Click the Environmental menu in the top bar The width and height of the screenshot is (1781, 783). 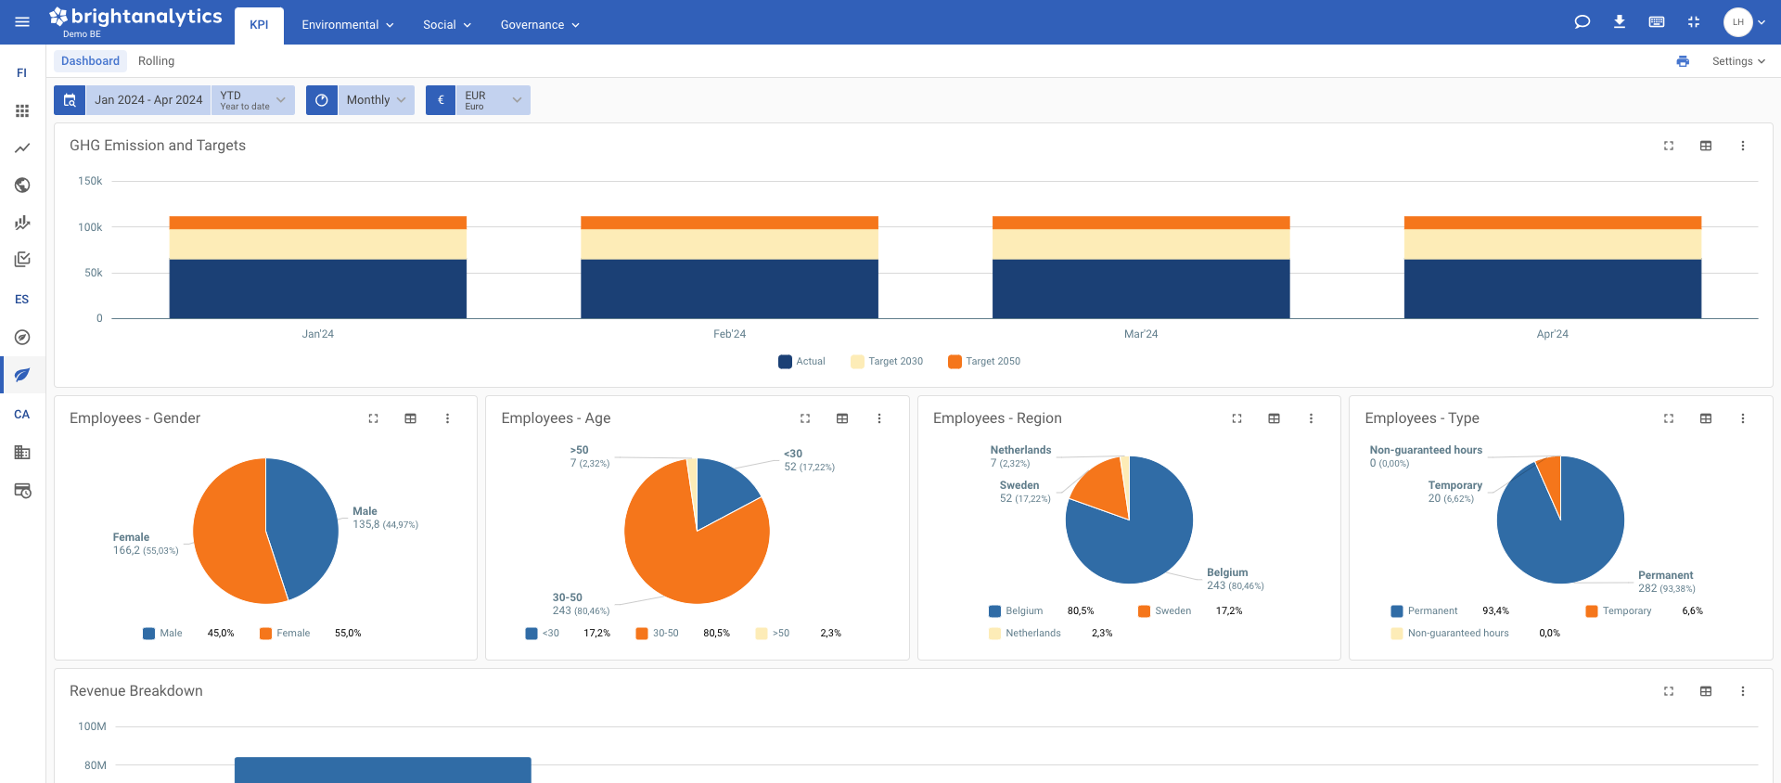click(x=347, y=25)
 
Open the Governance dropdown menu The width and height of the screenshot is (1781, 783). click(x=539, y=25)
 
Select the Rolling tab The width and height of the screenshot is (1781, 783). click(x=156, y=61)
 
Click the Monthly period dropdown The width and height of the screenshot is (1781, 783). click(x=376, y=100)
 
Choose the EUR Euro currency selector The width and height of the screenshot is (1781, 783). click(x=492, y=100)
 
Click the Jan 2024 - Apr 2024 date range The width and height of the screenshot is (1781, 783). click(x=148, y=100)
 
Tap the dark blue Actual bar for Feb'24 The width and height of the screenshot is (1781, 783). click(x=729, y=289)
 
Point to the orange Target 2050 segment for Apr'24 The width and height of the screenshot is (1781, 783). click(x=1552, y=223)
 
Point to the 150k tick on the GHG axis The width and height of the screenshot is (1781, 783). click(x=90, y=181)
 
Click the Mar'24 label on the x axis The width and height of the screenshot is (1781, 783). click(x=1140, y=334)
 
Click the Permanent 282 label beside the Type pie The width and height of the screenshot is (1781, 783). click(x=1665, y=582)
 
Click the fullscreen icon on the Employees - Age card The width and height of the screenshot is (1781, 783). click(x=805, y=418)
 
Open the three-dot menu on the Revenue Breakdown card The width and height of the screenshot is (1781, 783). click(x=1742, y=691)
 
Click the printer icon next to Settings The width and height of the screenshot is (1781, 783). click(x=1683, y=61)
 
